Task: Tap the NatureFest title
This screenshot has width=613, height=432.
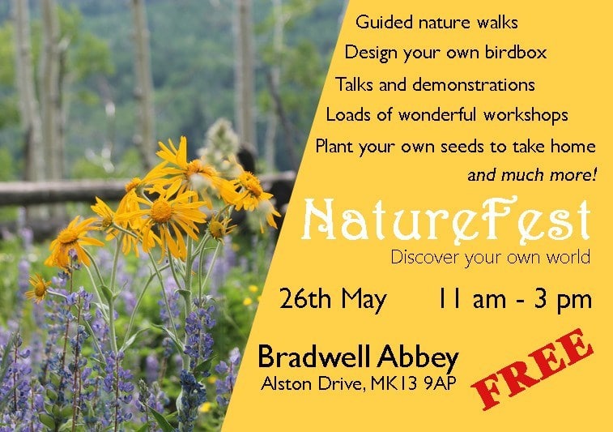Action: [445, 221]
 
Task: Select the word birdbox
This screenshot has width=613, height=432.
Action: [516, 52]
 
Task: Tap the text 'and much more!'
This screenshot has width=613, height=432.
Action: [532, 175]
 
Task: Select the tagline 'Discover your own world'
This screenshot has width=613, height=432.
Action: [490, 259]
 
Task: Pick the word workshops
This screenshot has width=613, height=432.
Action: [526, 114]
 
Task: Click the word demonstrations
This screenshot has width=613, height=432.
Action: [474, 84]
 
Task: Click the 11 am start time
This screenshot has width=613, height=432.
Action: [471, 299]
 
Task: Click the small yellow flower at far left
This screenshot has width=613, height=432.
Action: [38, 289]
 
